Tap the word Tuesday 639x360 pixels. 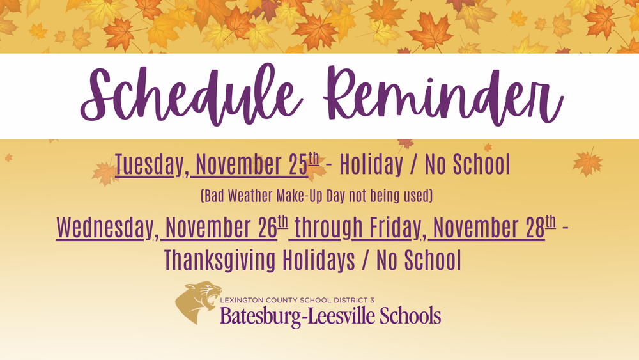[148, 166]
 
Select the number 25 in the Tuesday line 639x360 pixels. [294, 166]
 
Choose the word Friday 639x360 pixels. [389, 228]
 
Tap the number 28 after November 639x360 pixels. [532, 228]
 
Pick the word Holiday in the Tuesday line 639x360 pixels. [371, 166]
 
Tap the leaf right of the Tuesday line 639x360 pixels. [587, 162]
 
